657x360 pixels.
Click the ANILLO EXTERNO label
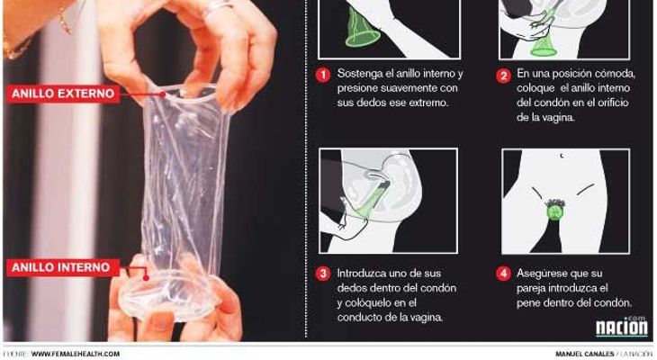(x=63, y=94)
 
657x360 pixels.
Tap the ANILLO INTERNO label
(x=62, y=267)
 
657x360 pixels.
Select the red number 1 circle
(x=323, y=75)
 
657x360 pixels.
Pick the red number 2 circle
(x=503, y=76)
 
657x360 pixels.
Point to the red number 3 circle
(x=323, y=274)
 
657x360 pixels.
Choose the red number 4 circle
(x=503, y=274)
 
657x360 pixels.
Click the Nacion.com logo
(x=622, y=326)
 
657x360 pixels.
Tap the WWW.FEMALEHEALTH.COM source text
(x=76, y=354)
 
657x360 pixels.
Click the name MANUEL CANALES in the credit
(x=584, y=354)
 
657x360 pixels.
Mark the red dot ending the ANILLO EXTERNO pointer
(x=163, y=94)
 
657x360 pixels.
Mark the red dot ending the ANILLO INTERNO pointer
(x=146, y=277)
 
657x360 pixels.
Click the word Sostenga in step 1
(x=359, y=74)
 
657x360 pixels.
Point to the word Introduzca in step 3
(x=362, y=274)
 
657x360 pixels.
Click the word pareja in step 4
(x=531, y=289)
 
